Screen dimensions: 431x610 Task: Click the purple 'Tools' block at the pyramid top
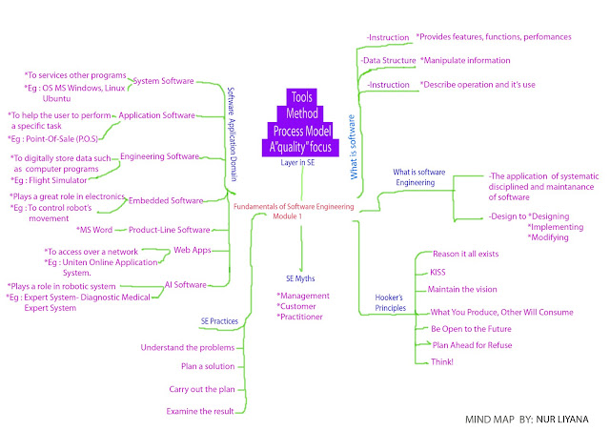coord(301,96)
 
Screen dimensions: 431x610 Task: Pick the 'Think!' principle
coord(443,362)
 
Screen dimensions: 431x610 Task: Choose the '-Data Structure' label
coord(390,61)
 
